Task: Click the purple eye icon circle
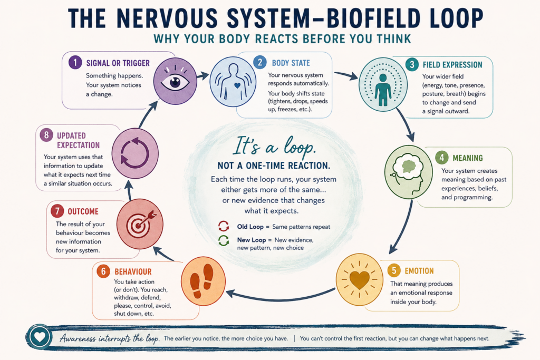(x=175, y=81)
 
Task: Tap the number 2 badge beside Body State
(x=259, y=62)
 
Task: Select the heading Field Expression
(x=452, y=65)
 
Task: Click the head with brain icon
(x=409, y=172)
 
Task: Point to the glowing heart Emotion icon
(x=359, y=280)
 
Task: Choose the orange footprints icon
(x=203, y=281)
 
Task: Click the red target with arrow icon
(x=140, y=223)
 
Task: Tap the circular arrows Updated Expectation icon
(x=135, y=153)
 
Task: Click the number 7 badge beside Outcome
(x=57, y=211)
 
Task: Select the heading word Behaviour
(x=133, y=271)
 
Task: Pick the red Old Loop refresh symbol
(x=224, y=227)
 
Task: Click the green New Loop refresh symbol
(x=224, y=240)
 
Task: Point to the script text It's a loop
(x=274, y=146)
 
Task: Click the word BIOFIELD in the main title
(x=373, y=18)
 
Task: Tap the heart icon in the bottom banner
(x=40, y=337)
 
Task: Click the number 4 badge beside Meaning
(x=442, y=158)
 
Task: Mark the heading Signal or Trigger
(x=118, y=63)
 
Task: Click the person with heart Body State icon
(x=233, y=82)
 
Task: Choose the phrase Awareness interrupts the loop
(x=110, y=338)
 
